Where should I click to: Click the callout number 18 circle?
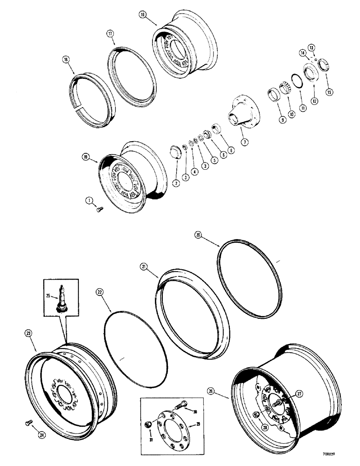tap(142, 15)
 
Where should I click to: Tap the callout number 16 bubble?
tap(65, 60)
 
